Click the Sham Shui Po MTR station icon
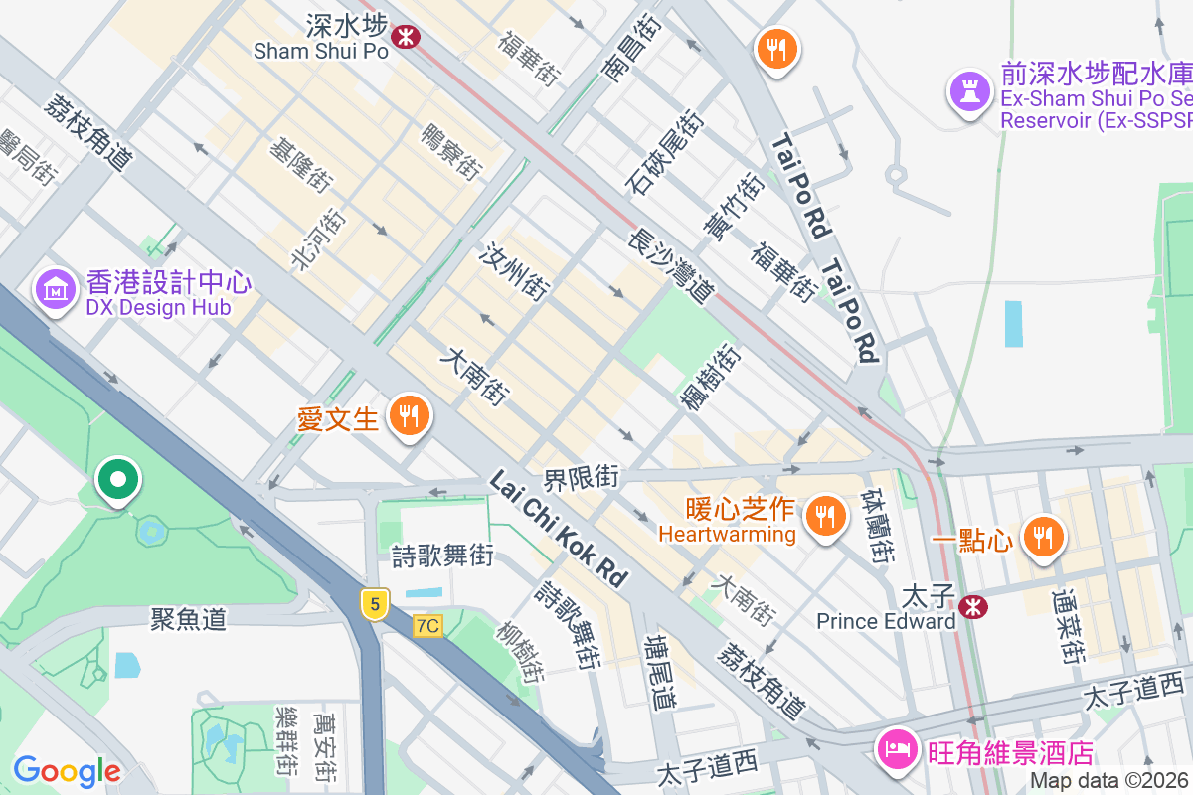coord(405,38)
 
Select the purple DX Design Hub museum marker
coord(56,289)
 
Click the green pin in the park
coord(118,481)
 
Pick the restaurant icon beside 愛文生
coord(408,415)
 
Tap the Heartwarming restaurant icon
coord(823,516)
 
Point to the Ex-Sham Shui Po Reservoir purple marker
coord(966,91)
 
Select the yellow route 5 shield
coord(374,603)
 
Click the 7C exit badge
coord(427,625)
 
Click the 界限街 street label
coord(582,478)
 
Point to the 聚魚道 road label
coord(189,619)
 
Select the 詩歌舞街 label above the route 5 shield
coord(441,556)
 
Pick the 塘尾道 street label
coord(659,672)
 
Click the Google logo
coord(67,770)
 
